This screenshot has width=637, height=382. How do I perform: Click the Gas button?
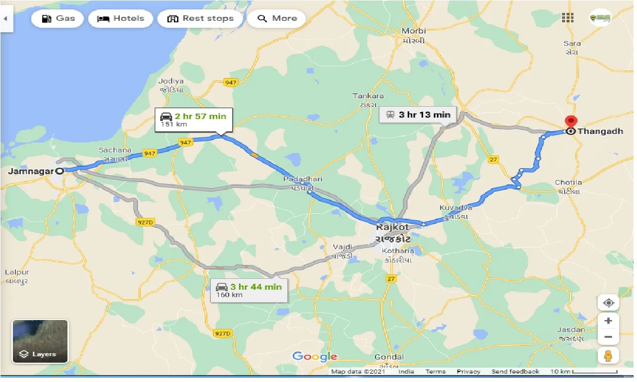[58, 19]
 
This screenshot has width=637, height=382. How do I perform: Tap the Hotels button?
[121, 19]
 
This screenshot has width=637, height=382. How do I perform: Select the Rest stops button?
[200, 19]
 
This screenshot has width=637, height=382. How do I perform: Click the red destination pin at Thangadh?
[571, 122]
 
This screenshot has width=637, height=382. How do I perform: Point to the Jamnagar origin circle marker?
[60, 171]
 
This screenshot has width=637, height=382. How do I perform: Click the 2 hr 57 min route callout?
[193, 120]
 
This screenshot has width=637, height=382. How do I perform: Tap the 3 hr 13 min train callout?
[417, 115]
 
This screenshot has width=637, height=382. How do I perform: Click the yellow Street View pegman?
[609, 355]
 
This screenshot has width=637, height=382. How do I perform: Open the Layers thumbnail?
[40, 341]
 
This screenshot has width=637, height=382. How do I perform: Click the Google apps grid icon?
[568, 18]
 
